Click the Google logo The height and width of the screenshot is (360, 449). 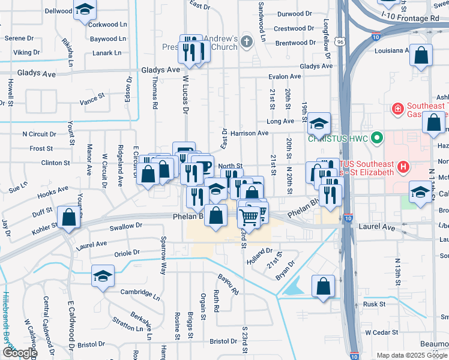coord(19,353)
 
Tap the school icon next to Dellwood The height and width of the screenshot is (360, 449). coord(85,10)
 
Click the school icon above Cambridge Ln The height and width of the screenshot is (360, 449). coord(103,277)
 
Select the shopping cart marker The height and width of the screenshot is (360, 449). coord(249,216)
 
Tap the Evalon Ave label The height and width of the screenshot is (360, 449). coord(285,77)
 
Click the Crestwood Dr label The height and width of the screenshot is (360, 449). coord(294,29)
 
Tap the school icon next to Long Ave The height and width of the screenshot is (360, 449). coord(319,123)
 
